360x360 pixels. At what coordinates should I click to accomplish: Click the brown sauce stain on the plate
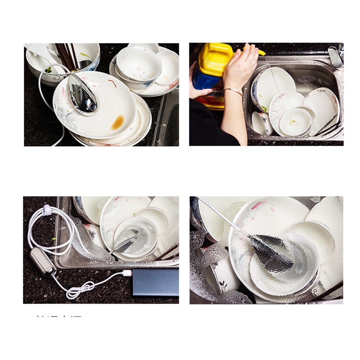[118, 123]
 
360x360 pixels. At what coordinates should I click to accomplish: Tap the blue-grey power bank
[155, 282]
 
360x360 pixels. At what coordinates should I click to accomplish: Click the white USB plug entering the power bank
[127, 273]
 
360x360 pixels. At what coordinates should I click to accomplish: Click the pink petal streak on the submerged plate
[259, 205]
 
